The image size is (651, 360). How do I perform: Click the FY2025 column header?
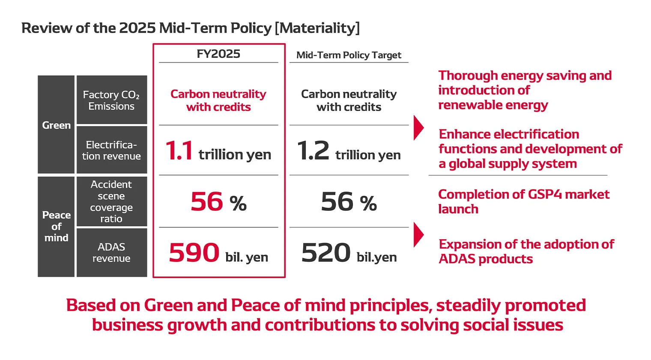[x=218, y=54]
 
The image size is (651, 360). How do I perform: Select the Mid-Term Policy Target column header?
[x=349, y=55]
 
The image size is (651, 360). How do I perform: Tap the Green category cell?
[x=56, y=125]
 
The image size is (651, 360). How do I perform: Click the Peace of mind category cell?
[x=56, y=226]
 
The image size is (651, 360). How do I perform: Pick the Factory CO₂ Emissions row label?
[x=111, y=100]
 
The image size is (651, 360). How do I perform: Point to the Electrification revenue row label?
[x=111, y=150]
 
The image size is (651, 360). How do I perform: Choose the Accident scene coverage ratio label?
[x=111, y=201]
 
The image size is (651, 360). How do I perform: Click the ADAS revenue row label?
[x=111, y=252]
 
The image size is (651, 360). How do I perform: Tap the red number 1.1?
[x=179, y=151]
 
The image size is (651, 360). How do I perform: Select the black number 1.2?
[x=313, y=151]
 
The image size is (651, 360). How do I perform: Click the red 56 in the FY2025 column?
[x=207, y=202]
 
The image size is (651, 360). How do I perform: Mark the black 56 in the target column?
[x=337, y=202]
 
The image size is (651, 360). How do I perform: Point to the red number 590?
[x=194, y=253]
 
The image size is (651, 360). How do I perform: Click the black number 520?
[x=326, y=253]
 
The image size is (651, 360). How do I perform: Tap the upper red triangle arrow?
[x=418, y=128]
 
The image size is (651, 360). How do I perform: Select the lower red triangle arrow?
[x=418, y=235]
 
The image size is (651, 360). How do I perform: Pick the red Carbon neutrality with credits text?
[x=218, y=100]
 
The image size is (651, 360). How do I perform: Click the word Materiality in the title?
[x=317, y=28]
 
